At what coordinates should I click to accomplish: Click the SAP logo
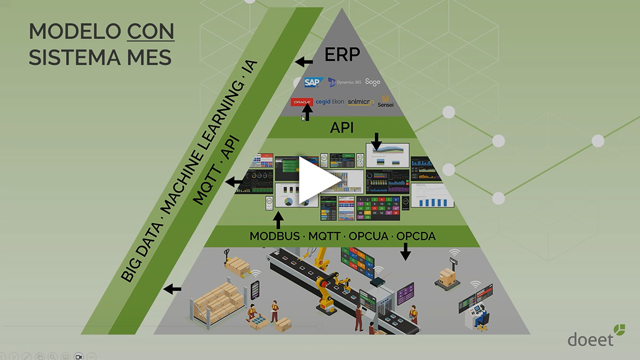[314, 83]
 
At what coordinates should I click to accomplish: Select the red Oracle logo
[302, 102]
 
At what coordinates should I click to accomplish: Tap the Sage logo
[373, 83]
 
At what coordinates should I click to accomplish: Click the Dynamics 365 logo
[345, 83]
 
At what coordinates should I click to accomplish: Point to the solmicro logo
[361, 102]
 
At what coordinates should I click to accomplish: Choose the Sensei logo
[386, 101]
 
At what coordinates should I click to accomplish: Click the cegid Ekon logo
[330, 102]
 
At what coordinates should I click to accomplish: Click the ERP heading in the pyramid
[342, 54]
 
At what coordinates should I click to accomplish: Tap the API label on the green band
[342, 128]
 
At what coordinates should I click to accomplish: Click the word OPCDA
[416, 236]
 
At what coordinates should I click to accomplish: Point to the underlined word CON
[150, 32]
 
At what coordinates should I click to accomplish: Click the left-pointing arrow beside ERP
[304, 62]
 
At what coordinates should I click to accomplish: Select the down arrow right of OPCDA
[405, 251]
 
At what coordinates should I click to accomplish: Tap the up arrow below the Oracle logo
[307, 113]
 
